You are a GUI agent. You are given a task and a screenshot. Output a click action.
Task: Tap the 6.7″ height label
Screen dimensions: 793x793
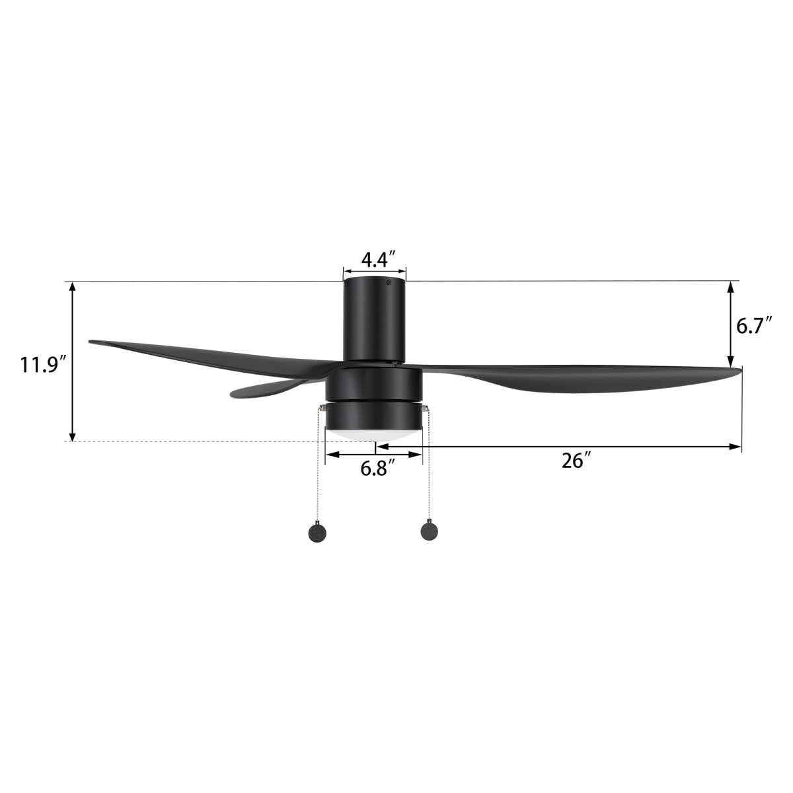tap(754, 325)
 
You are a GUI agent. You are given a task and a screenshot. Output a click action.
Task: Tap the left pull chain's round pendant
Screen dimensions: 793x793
tap(319, 533)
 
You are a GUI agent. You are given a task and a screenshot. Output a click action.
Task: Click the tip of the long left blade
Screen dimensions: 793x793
tap(93, 342)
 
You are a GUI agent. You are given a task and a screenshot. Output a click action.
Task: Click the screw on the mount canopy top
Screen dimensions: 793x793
tap(389, 284)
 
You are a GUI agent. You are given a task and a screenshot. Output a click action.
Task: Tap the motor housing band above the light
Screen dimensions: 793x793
tap(374, 382)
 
